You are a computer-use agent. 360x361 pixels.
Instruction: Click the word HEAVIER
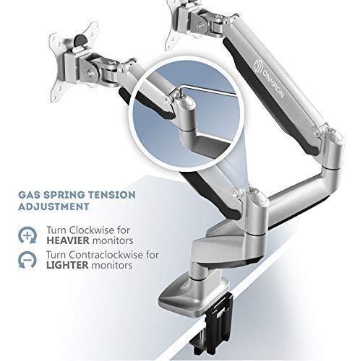tap(68, 240)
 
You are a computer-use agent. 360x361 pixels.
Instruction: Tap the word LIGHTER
tap(67, 265)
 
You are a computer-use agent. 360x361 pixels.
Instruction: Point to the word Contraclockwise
tap(106, 255)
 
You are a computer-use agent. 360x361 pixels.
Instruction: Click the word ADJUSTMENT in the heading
tap(53, 206)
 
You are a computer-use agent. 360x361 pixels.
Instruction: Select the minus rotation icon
tap(27, 260)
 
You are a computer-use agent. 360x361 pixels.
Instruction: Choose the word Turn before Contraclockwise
tap(57, 255)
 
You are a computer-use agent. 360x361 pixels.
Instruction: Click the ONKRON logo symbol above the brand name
tap(258, 64)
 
